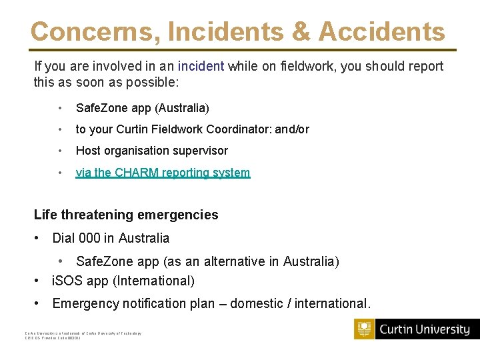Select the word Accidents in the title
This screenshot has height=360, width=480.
[382, 31]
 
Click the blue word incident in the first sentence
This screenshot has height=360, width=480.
[201, 66]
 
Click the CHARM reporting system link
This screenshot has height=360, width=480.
[163, 173]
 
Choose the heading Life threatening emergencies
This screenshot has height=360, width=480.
[126, 215]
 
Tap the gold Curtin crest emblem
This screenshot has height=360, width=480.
[364, 329]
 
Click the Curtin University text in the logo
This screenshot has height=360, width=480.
[425, 329]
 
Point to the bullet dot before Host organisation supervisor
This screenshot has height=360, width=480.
[60, 151]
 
